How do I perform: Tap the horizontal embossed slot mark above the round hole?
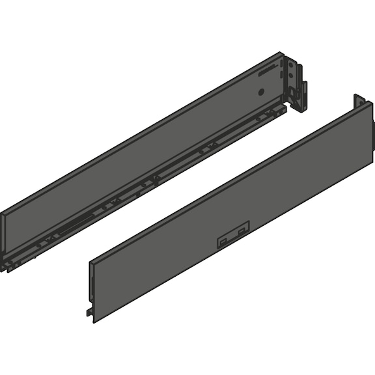click(x=263, y=76)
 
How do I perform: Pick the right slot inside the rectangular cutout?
click(x=242, y=231)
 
